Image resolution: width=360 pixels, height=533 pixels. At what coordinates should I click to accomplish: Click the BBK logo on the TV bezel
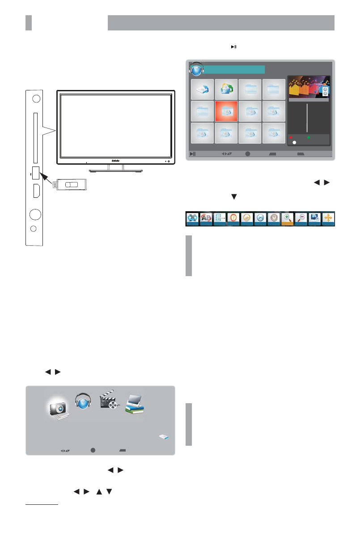tap(116, 160)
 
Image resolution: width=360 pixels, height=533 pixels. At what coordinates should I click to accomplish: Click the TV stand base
tap(115, 171)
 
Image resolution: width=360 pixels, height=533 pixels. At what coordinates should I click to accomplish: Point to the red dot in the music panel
tap(290, 137)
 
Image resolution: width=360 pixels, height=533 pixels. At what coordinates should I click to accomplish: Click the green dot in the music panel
tap(309, 137)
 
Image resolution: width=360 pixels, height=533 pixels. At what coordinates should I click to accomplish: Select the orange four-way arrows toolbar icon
tap(328, 219)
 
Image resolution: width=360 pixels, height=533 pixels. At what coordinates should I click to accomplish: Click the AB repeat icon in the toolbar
tap(206, 219)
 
